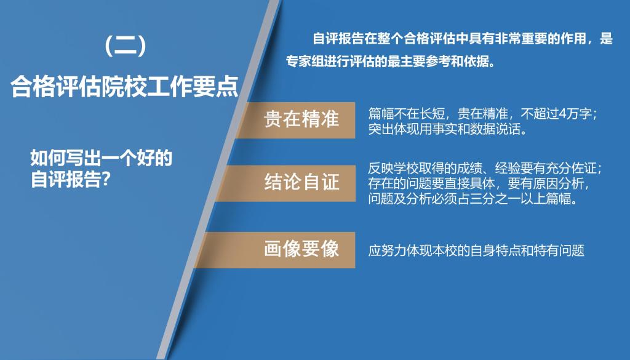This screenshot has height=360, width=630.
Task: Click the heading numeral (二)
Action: tap(125, 46)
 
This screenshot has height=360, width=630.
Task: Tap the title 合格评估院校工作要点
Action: tap(124, 86)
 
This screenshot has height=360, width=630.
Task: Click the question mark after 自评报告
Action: tap(105, 179)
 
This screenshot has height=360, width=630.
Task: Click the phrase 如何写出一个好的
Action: tap(102, 158)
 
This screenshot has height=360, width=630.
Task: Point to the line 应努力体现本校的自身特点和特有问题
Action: tap(476, 250)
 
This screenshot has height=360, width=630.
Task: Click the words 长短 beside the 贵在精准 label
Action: tap(432, 114)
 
